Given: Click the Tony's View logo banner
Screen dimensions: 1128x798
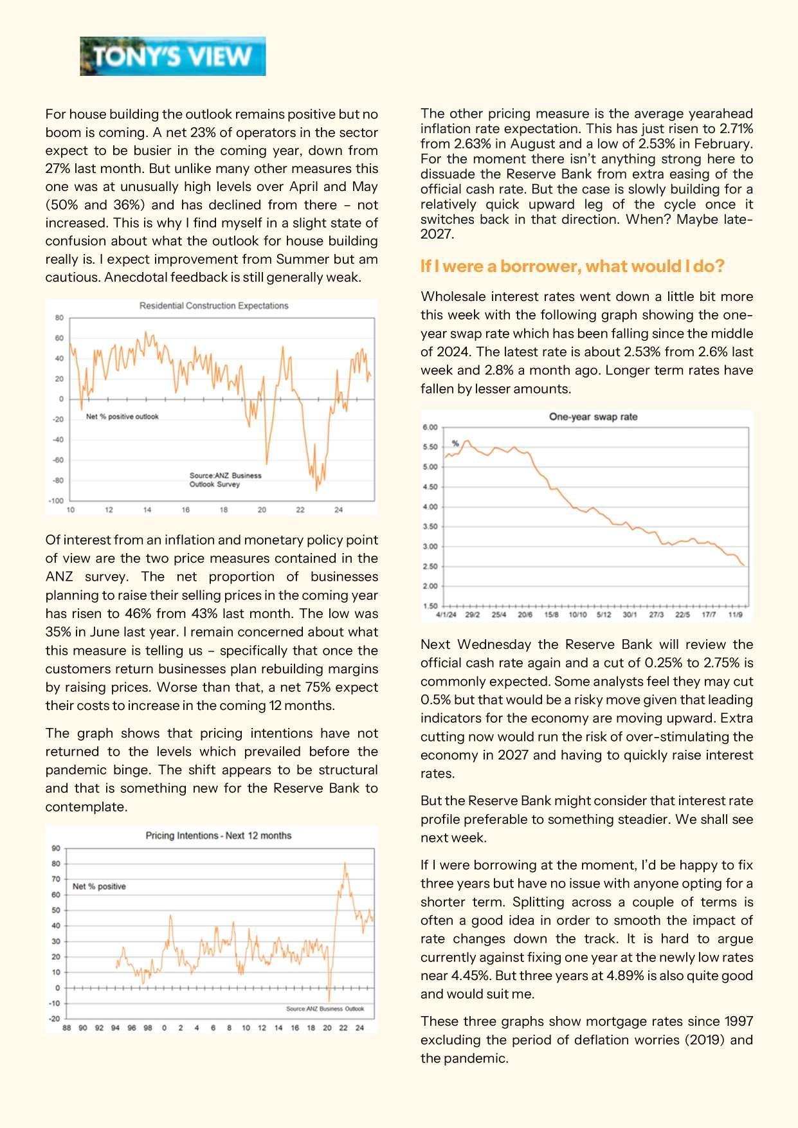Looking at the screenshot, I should (172, 57).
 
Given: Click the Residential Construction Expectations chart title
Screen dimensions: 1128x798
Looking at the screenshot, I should (213, 305).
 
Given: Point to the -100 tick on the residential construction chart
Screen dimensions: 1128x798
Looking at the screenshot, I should (57, 500).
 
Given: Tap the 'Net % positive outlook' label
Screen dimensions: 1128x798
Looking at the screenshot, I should (122, 417).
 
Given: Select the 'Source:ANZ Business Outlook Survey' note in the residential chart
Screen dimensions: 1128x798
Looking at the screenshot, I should (225, 480).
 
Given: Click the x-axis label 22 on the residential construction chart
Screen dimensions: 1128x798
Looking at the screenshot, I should (300, 510).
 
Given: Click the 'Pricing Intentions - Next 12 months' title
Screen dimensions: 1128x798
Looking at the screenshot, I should (218, 835).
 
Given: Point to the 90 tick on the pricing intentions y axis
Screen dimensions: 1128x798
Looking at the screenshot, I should (56, 848).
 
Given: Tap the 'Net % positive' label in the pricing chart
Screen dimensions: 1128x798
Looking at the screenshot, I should (99, 886).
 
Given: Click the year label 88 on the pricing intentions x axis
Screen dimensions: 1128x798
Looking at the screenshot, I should (67, 1028).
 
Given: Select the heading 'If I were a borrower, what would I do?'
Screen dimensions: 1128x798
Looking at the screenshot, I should (572, 266).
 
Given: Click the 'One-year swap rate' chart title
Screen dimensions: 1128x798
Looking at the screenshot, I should (593, 417).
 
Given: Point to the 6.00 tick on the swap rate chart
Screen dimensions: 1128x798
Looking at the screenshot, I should (430, 427).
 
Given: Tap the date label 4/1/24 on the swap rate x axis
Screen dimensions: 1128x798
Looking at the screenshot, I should (446, 615).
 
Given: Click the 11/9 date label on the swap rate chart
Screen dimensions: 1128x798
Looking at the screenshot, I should (735, 615).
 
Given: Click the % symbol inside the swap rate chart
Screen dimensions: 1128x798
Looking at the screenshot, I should (455, 443).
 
